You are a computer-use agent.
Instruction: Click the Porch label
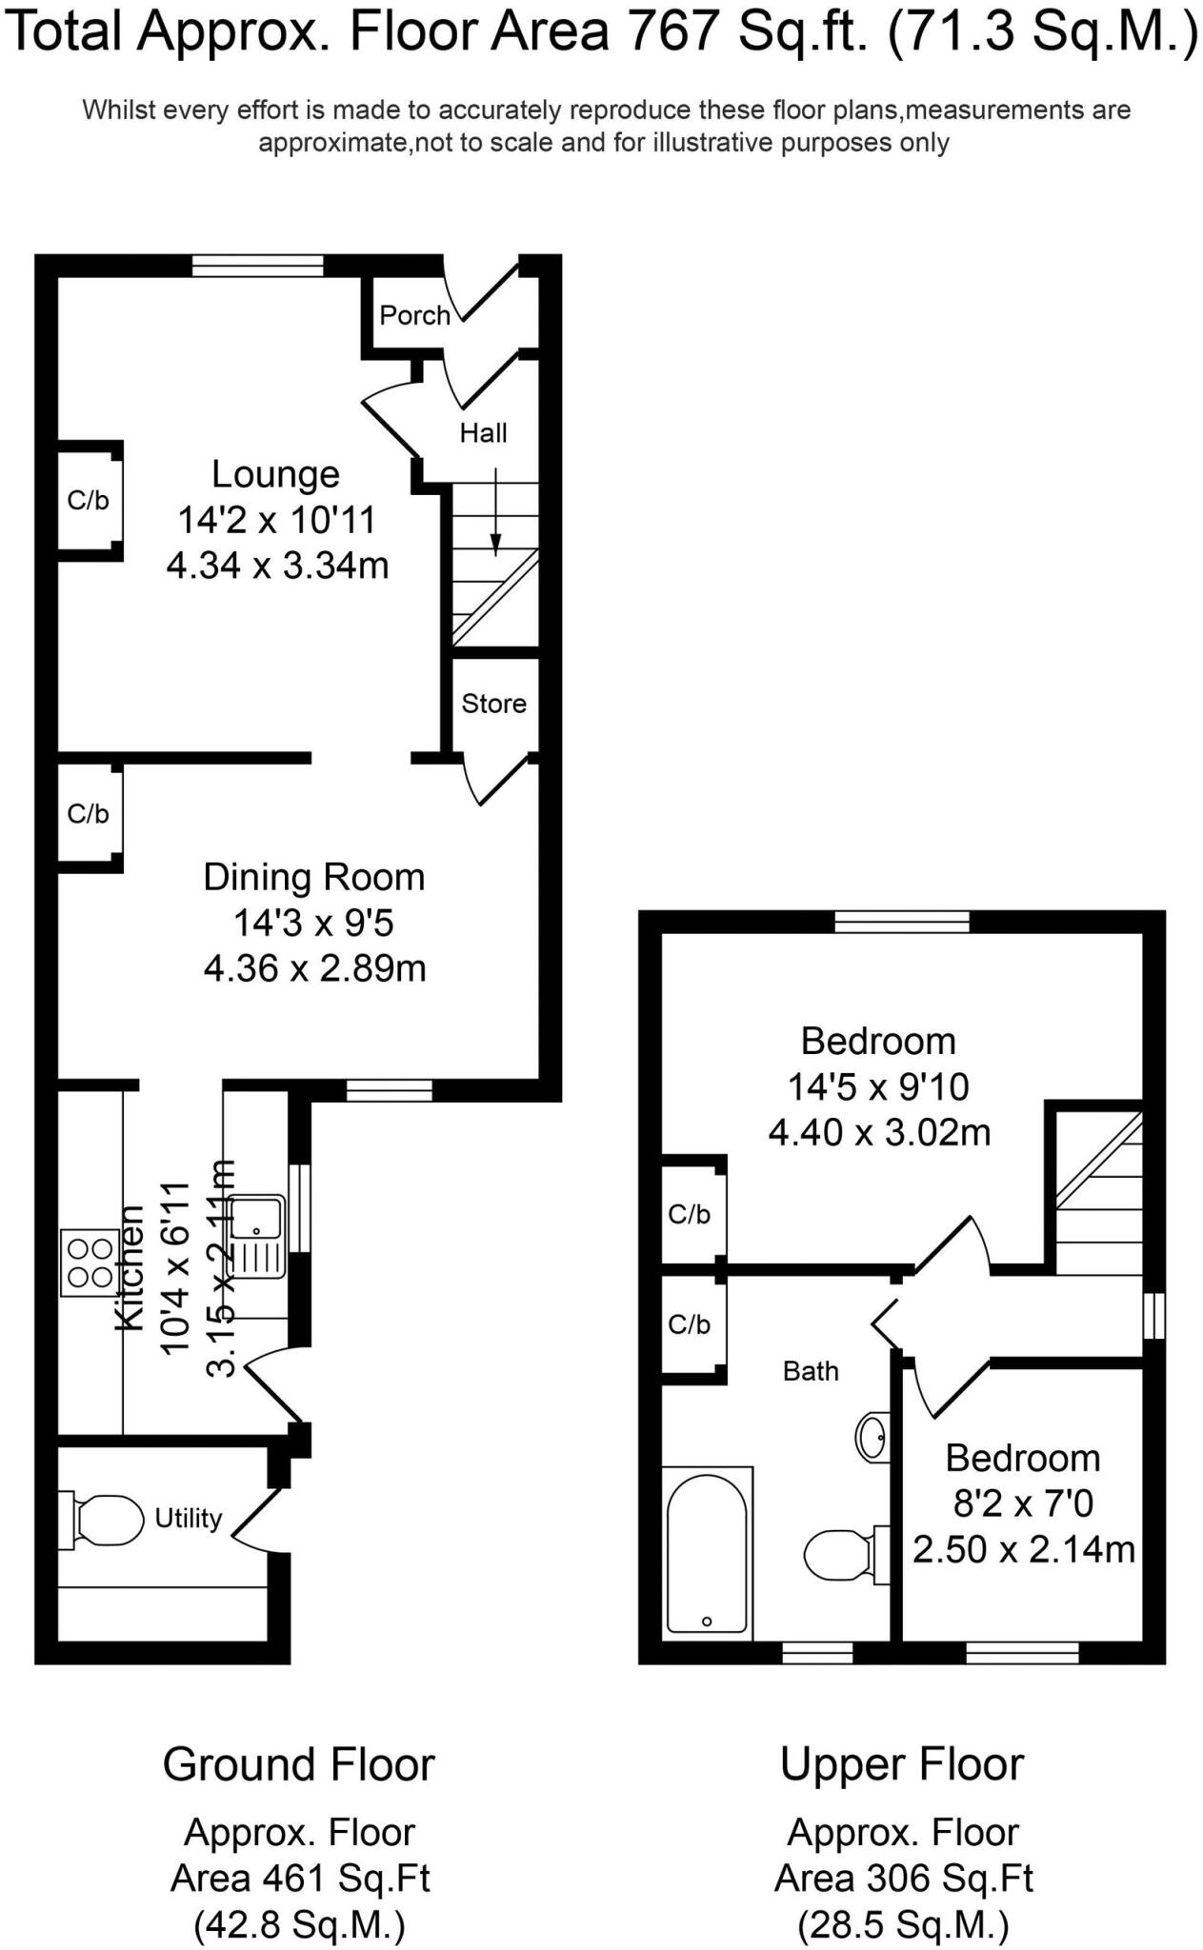click(x=414, y=315)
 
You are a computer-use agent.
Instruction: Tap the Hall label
click(x=483, y=433)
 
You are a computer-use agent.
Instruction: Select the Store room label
click(x=493, y=704)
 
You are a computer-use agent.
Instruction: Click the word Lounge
click(x=275, y=474)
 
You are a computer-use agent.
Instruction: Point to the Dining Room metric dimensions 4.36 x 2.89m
click(x=314, y=969)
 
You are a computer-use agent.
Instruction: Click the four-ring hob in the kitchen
click(x=89, y=1264)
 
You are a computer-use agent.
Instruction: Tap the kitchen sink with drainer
click(x=258, y=1237)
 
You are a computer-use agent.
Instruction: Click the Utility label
click(x=189, y=1518)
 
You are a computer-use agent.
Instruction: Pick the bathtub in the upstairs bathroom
click(x=707, y=1553)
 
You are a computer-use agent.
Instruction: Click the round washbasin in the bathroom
click(x=872, y=1437)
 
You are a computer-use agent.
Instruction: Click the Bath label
click(x=811, y=1371)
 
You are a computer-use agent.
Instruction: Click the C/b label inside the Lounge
click(x=88, y=501)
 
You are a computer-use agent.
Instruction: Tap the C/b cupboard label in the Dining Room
click(x=88, y=814)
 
